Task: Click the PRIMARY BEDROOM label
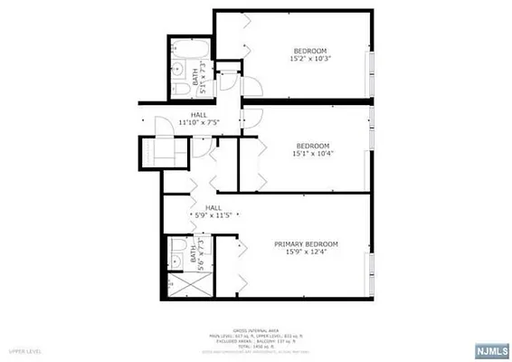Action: pyautogui.click(x=306, y=244)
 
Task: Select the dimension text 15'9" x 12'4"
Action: pyautogui.click(x=306, y=252)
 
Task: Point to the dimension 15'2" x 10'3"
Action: pyautogui.click(x=309, y=59)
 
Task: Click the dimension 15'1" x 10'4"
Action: pyautogui.click(x=312, y=154)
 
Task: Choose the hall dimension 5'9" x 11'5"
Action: pyautogui.click(x=213, y=214)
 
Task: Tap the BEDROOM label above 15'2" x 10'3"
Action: pyautogui.click(x=309, y=50)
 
